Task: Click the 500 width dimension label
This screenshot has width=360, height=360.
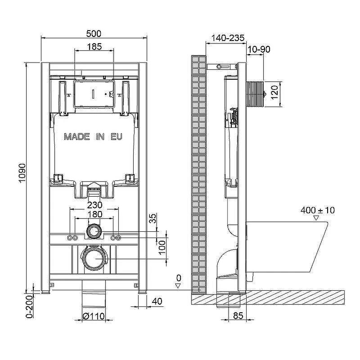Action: pyautogui.click(x=94, y=34)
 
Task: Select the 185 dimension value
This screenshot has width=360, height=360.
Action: pyautogui.click(x=94, y=47)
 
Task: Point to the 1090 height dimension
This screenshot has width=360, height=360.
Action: pyautogui.click(x=22, y=173)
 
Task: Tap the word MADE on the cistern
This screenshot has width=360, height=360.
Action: pyautogui.click(x=76, y=137)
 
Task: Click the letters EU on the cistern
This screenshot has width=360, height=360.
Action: pyautogui.click(x=117, y=137)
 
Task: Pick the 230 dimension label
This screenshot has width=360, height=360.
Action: pyautogui.click(x=95, y=205)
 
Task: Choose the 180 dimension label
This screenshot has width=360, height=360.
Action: pyautogui.click(x=95, y=214)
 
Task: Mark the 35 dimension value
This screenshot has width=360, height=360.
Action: pyautogui.click(x=153, y=218)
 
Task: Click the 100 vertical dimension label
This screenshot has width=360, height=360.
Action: pyautogui.click(x=162, y=247)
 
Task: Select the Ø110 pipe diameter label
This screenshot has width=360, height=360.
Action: pyautogui.click(x=94, y=316)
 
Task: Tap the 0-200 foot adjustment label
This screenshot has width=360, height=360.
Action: pyautogui.click(x=29, y=307)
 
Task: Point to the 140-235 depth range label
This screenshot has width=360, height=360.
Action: pyautogui.click(x=228, y=38)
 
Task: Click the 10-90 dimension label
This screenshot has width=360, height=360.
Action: pyautogui.click(x=259, y=49)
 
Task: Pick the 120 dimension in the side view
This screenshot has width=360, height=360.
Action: pyautogui.click(x=274, y=92)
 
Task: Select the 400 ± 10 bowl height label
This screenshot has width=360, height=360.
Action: pyautogui.click(x=318, y=210)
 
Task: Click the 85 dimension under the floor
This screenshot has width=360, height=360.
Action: pyautogui.click(x=238, y=316)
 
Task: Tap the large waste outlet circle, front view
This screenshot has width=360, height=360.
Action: pyautogui.click(x=94, y=259)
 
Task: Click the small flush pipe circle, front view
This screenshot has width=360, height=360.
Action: pyautogui.click(x=94, y=231)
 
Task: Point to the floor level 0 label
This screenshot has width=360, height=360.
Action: pyautogui.click(x=179, y=278)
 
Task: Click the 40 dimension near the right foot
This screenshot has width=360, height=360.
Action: pyautogui.click(x=157, y=301)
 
